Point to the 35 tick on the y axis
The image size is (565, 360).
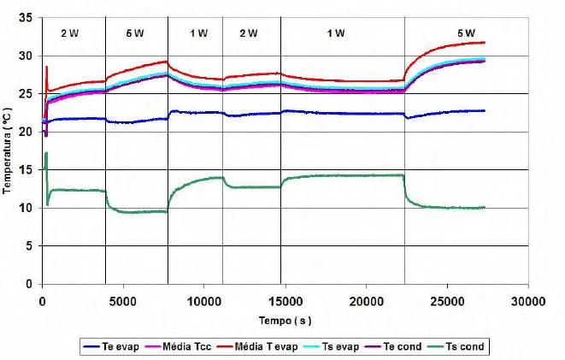pyautogui.click(x=26, y=18)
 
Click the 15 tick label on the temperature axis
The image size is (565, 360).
pyautogui.click(x=26, y=170)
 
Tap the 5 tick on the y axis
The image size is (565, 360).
pyautogui.click(x=29, y=246)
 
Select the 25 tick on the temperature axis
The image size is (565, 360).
pyautogui.click(x=26, y=94)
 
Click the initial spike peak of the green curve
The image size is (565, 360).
pyautogui.click(x=46, y=153)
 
